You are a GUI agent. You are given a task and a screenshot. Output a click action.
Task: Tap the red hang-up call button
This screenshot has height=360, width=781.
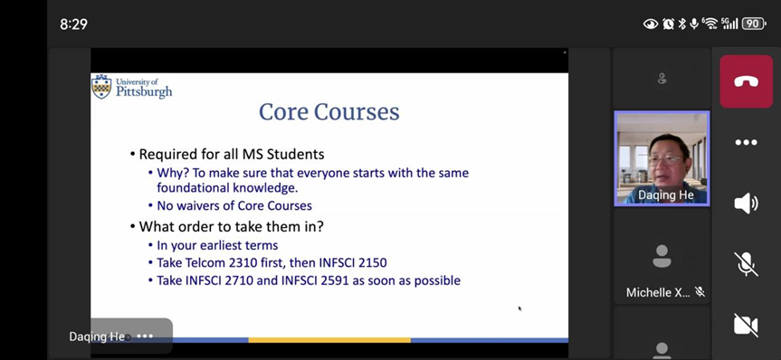click(x=746, y=81)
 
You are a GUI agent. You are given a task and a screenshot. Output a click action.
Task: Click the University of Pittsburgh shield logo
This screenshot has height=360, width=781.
click(x=101, y=87)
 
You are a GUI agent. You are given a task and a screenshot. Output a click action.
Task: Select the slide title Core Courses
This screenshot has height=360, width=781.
click(x=329, y=111)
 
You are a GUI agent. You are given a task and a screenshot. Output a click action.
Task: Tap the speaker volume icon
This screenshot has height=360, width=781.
click(x=746, y=204)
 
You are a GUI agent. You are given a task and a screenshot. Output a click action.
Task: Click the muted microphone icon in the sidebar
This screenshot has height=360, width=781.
click(x=746, y=264)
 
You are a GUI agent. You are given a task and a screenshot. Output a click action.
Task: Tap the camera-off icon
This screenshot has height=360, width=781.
click(x=746, y=325)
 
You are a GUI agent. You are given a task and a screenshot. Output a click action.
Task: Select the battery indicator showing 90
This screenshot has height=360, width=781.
click(x=754, y=24)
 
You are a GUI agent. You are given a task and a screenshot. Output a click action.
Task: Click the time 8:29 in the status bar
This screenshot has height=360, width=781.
click(x=73, y=24)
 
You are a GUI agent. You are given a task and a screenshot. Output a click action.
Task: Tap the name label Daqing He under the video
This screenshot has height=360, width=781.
click(x=666, y=195)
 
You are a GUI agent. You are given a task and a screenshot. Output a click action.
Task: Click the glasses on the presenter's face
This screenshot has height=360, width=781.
click(x=666, y=160)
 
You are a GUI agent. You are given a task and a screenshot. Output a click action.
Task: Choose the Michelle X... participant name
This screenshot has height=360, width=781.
click(x=658, y=292)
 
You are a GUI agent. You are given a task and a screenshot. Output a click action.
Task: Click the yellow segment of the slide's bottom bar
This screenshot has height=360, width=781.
click(x=329, y=340)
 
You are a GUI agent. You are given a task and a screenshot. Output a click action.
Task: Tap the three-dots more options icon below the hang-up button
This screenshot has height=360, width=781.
click(x=746, y=143)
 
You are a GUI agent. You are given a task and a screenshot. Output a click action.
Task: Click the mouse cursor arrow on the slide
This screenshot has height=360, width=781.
click(x=519, y=308)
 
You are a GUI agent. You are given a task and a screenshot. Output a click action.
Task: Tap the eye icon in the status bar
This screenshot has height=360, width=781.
click(x=651, y=24)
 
